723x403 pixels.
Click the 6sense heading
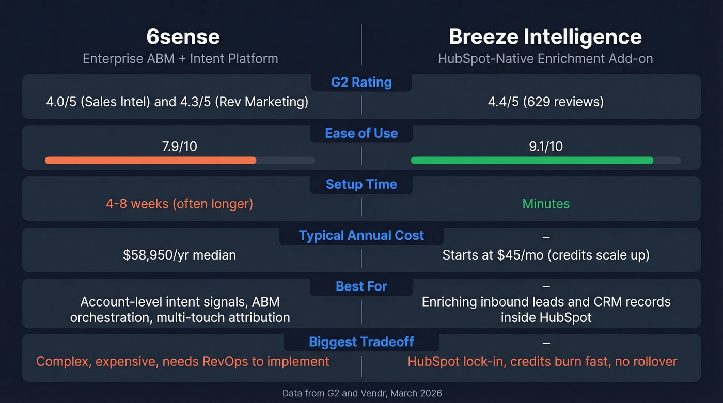pos(183,37)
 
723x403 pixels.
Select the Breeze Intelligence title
pos(545,37)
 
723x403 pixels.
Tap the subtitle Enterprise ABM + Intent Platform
pos(180,58)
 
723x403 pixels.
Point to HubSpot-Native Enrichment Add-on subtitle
pos(545,58)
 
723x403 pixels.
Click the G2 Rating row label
pos(361,82)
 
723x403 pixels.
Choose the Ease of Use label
pos(361,133)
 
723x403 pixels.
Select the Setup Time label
pos(361,184)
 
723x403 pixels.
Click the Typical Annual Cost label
pos(361,235)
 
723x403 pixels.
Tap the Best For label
pos(361,286)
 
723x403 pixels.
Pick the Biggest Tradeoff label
pos(361,342)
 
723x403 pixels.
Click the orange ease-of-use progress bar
pos(150,160)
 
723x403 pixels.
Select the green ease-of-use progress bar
pos(532,160)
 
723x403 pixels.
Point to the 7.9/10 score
pos(179,147)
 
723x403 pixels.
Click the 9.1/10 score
pos(545,147)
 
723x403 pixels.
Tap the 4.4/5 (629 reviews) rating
pos(545,102)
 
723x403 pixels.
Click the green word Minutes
pos(545,204)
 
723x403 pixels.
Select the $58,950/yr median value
pos(179,255)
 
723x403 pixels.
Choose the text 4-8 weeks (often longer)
pos(179,204)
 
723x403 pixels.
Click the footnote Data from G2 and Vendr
pos(361,393)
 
